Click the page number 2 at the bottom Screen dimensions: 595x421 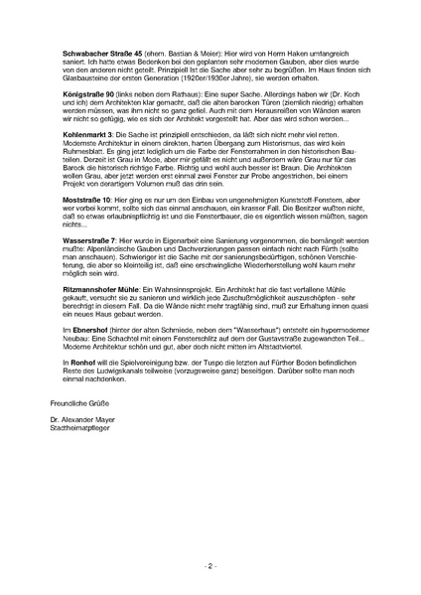click(x=210, y=565)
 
